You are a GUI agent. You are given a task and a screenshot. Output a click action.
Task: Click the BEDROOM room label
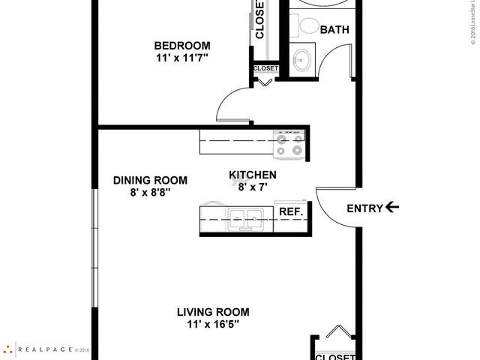(x=181, y=45)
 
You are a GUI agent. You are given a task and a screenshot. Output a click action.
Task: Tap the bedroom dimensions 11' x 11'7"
(x=181, y=58)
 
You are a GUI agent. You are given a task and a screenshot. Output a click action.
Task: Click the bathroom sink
(x=304, y=59)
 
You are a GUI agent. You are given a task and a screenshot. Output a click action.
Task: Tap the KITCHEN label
(x=253, y=175)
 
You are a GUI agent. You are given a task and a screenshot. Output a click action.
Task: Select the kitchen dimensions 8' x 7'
(x=253, y=187)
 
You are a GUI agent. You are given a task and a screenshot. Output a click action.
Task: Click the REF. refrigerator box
(x=291, y=212)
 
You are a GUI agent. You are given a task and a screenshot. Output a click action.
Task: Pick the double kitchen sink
(x=245, y=220)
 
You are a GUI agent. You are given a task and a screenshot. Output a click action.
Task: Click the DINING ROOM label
(x=150, y=180)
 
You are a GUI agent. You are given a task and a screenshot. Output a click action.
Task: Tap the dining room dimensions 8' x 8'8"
(x=150, y=192)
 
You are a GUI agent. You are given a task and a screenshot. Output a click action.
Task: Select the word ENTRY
(x=364, y=208)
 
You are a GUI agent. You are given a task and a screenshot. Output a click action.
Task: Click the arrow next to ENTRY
(x=392, y=208)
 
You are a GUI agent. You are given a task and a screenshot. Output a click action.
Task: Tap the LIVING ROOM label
(x=213, y=312)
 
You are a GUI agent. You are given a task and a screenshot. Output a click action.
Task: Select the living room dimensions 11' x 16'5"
(x=213, y=325)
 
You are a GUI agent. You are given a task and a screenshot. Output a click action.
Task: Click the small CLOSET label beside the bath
(x=265, y=68)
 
